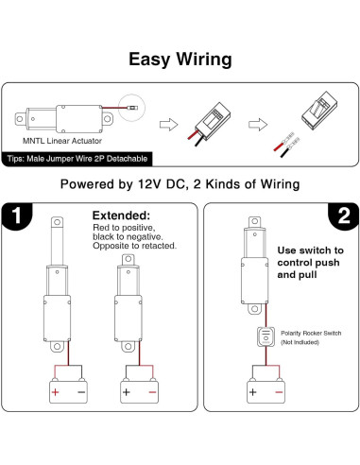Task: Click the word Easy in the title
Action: coord(150,60)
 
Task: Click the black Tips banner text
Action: coord(77,158)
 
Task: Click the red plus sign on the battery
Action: coord(56,391)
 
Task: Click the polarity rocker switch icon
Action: coord(263,337)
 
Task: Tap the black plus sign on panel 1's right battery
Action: coord(126,391)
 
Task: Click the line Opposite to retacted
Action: coord(133,246)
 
